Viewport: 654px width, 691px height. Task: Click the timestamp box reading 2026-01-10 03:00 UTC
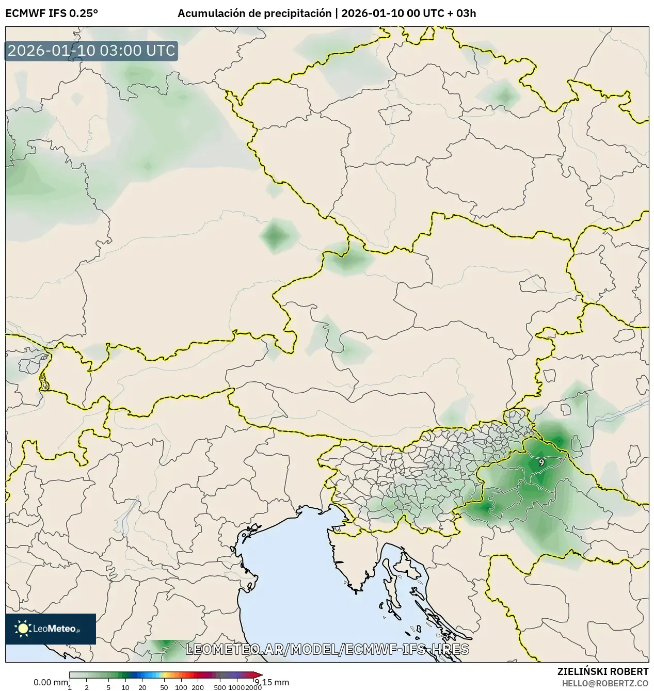click(91, 51)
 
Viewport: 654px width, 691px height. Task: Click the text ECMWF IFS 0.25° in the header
click(51, 13)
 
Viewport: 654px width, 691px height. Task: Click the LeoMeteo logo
click(51, 629)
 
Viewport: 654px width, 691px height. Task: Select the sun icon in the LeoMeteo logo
click(23, 628)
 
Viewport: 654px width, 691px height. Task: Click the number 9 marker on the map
click(541, 462)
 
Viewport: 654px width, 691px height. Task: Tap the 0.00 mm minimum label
click(50, 682)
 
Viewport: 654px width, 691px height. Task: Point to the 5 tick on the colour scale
click(108, 687)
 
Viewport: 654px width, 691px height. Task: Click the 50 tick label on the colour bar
click(164, 687)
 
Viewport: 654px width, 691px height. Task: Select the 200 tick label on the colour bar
click(198, 687)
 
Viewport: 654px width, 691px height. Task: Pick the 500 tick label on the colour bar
click(220, 687)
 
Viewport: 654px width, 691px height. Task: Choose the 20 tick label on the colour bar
click(142, 687)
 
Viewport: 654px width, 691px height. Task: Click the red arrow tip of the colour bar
click(259, 675)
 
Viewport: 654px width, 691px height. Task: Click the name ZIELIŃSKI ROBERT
click(602, 671)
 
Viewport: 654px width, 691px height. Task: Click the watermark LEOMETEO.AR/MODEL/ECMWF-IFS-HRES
click(327, 649)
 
